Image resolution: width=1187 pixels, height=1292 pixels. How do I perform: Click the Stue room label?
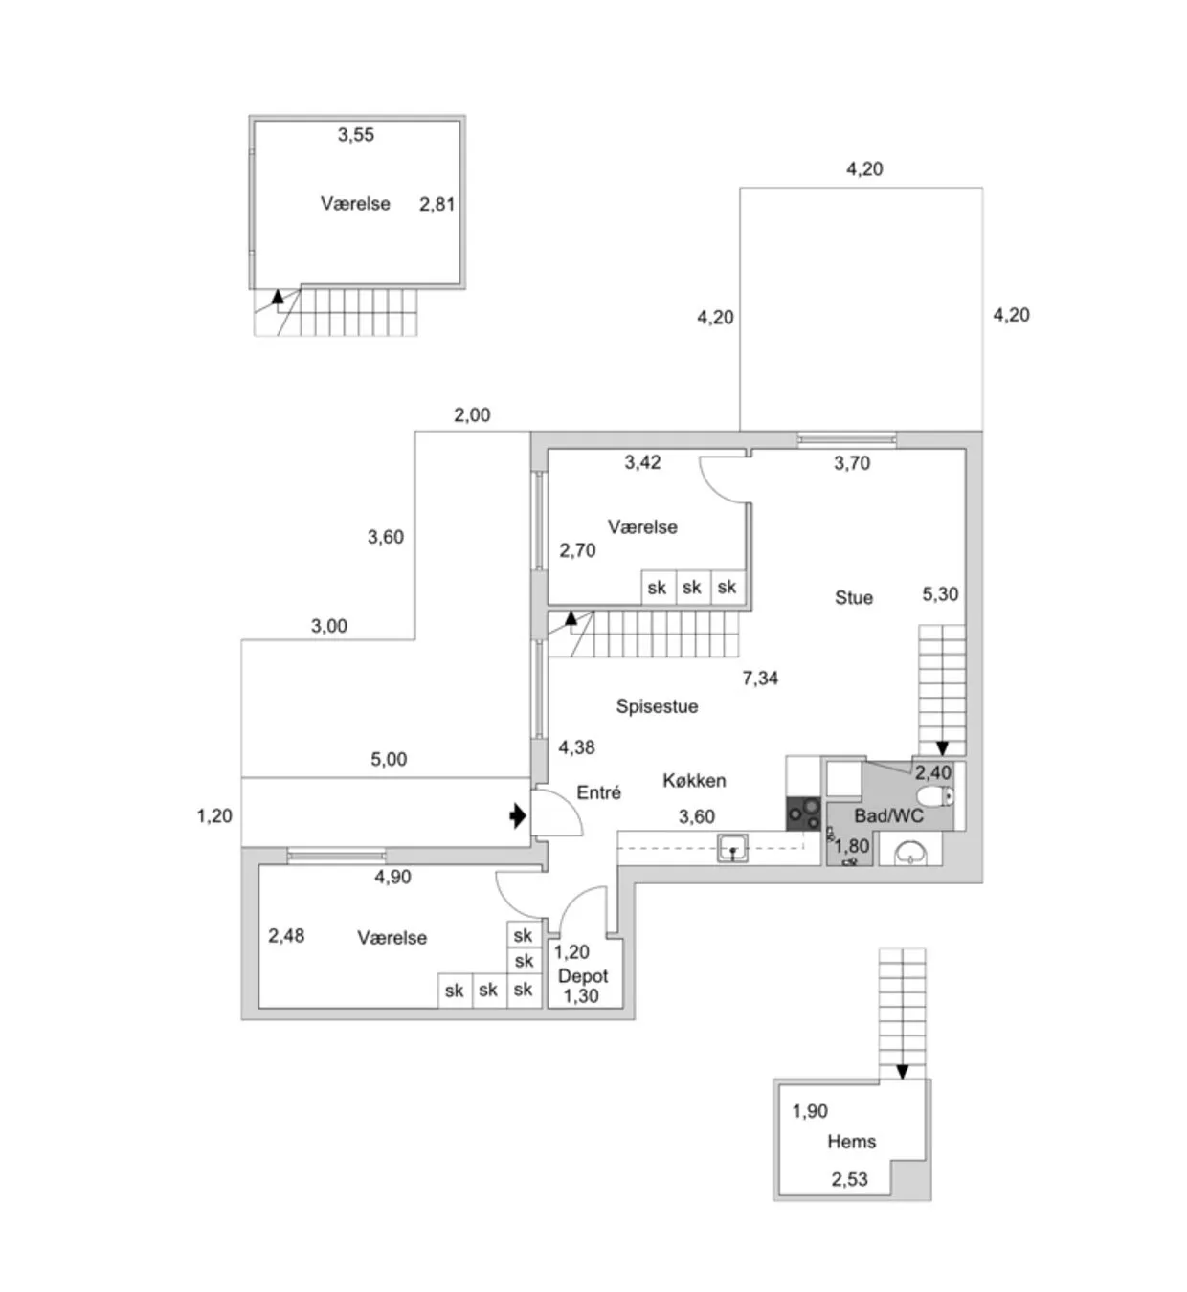pos(854,598)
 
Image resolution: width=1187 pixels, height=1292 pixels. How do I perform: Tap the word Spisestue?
pos(657,706)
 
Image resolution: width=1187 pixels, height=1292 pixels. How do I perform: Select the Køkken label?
pos(694,781)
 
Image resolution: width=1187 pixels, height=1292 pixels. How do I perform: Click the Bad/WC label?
pos(888,816)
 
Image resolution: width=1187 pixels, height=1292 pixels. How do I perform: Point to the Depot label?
pos(583,976)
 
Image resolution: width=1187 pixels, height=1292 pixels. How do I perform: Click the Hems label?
pos(852,1142)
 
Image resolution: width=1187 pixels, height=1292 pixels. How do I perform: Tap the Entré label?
pos(599,792)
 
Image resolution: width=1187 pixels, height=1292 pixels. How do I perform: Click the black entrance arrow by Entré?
pos(518,816)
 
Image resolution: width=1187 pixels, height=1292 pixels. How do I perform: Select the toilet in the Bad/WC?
pos(934,796)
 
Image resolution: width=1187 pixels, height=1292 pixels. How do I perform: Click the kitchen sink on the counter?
pos(733,848)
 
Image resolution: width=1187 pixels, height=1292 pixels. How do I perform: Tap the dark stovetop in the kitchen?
pos(803,813)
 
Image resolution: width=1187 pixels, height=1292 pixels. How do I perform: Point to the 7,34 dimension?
pos(760,679)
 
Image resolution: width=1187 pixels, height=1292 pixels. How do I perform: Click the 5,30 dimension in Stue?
pos(940,594)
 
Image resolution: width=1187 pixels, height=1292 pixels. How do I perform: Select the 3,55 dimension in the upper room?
pos(356,135)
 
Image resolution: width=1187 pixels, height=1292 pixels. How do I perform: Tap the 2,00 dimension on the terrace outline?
pos(472,415)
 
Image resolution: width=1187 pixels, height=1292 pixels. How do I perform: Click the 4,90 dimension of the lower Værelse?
pos(392,877)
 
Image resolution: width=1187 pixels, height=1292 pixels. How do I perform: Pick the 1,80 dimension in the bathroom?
pos(852,846)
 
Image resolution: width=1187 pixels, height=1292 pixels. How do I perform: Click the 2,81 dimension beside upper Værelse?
pos(437,204)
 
